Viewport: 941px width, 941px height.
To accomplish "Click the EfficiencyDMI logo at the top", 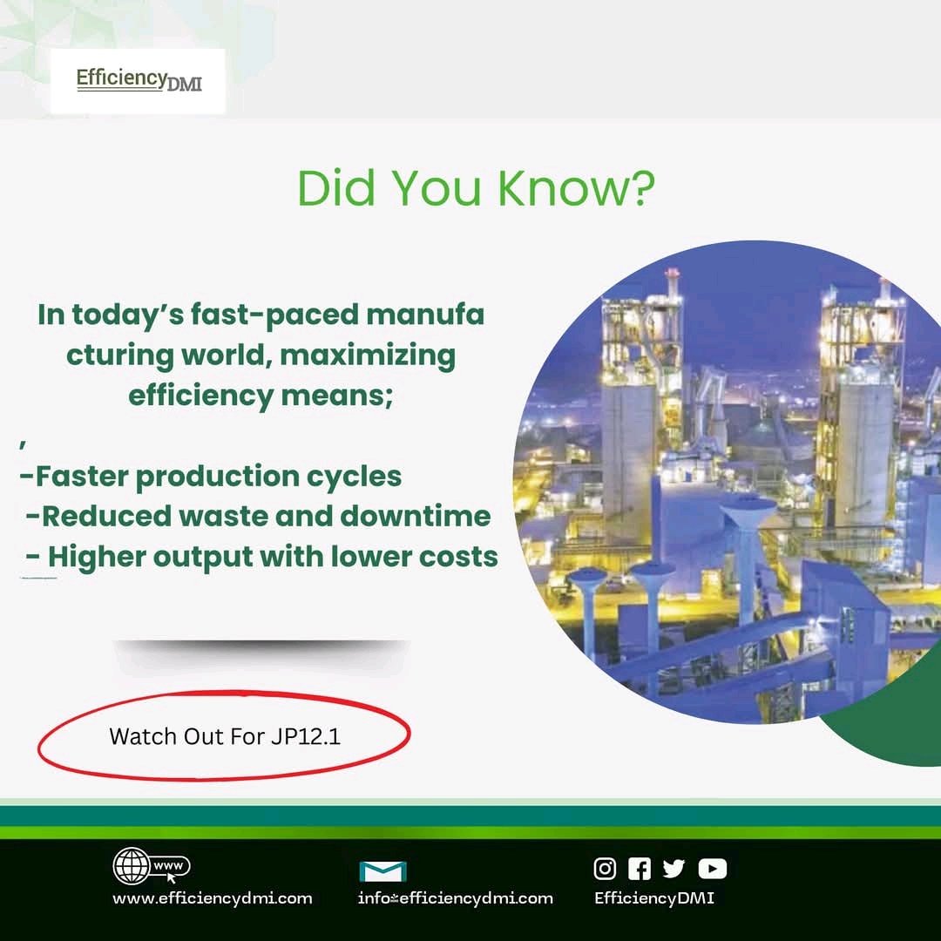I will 138,81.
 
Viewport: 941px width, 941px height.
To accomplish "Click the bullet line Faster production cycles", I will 211,477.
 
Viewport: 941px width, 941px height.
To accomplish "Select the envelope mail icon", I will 383,870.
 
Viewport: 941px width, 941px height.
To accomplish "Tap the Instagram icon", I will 605,868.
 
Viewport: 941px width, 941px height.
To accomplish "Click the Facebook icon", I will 640,868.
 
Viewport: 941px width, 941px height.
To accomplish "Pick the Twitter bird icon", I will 674,868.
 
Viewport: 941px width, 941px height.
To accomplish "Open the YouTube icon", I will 712,868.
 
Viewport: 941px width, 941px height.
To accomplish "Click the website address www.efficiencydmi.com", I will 212,898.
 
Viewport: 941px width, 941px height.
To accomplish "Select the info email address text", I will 456,898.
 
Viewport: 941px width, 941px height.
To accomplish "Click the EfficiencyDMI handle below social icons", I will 653,898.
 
